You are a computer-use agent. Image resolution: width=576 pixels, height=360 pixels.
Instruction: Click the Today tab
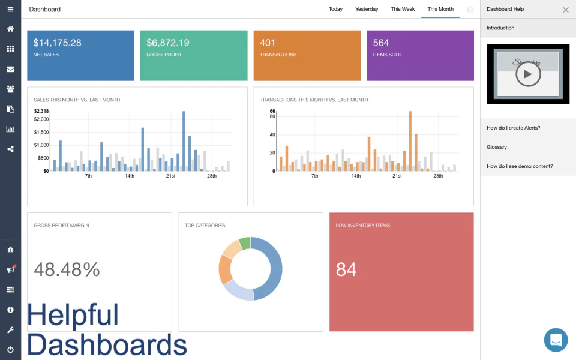click(335, 9)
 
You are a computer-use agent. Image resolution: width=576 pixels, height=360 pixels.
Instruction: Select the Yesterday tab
click(367, 9)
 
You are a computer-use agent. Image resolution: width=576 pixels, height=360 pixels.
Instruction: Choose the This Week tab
click(403, 9)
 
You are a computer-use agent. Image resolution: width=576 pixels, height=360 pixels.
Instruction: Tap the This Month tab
click(440, 9)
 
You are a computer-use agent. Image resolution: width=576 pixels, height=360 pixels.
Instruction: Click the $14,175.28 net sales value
click(58, 43)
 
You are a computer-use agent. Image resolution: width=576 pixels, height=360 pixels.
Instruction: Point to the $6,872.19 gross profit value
click(168, 43)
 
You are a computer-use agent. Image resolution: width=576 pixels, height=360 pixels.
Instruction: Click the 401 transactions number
click(268, 43)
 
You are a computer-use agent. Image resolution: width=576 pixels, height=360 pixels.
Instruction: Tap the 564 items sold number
click(381, 43)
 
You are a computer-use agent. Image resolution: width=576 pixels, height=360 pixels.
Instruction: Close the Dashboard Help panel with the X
click(565, 10)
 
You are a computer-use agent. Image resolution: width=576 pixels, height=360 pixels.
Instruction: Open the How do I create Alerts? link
click(514, 128)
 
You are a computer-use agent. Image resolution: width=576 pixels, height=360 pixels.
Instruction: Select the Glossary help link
click(497, 147)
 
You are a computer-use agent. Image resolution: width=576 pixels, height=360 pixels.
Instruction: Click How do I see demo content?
click(520, 166)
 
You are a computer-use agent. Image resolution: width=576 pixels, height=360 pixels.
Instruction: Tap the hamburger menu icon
click(10, 10)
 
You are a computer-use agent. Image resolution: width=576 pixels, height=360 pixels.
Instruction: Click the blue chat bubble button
click(556, 340)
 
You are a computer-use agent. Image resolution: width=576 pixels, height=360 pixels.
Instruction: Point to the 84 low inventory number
click(346, 269)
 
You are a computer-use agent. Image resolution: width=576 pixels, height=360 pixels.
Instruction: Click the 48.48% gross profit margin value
click(67, 269)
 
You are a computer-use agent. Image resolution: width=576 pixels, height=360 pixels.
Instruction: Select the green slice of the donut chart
click(245, 243)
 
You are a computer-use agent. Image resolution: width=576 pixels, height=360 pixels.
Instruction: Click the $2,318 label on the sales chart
click(41, 111)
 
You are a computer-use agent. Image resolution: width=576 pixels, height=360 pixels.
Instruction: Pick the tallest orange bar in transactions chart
click(410, 141)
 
